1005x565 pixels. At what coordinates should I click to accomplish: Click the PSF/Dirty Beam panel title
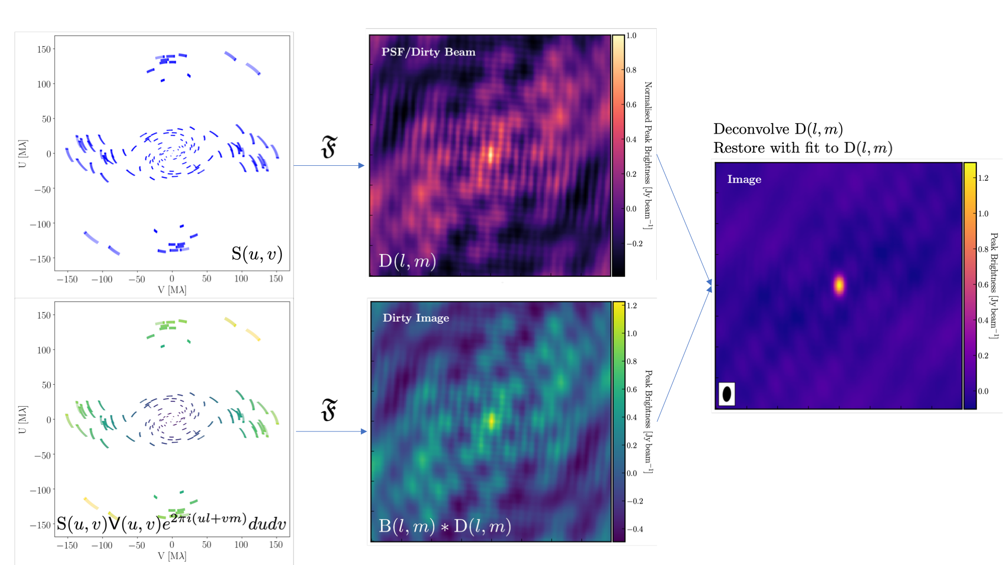[x=428, y=52]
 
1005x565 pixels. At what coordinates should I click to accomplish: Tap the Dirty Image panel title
[x=416, y=318]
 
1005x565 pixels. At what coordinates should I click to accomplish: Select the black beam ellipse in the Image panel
[x=727, y=394]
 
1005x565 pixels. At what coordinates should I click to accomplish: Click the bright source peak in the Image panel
[x=839, y=285]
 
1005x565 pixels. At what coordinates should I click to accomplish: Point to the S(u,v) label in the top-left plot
[x=257, y=254]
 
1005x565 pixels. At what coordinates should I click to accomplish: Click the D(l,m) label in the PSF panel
[x=407, y=261]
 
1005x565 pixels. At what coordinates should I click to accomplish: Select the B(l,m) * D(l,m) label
[x=445, y=526]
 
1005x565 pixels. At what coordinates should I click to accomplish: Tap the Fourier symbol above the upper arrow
[x=329, y=147]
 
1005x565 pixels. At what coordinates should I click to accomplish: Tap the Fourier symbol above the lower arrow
[x=329, y=410]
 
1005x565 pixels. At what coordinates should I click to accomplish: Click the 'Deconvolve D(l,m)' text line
[x=778, y=130]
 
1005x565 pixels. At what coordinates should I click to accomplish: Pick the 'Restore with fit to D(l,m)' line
[x=802, y=148]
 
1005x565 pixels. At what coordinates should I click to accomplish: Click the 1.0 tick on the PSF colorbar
[x=631, y=36]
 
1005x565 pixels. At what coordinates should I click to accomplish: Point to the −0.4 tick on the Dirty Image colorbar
[x=635, y=529]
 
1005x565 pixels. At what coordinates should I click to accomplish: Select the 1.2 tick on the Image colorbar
[x=983, y=178]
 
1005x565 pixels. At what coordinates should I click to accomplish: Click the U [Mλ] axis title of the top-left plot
[x=23, y=154]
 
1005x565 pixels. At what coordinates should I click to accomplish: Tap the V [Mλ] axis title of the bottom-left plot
[x=172, y=556]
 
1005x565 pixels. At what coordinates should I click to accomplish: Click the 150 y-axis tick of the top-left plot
[x=44, y=49]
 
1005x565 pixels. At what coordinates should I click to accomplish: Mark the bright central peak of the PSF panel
[x=490, y=154]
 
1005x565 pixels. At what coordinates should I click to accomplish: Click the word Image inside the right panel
[x=744, y=180]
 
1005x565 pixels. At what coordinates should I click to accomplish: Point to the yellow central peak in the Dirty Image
[x=491, y=420]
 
